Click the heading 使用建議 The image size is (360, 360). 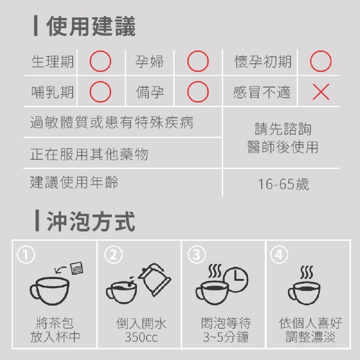coord(91,27)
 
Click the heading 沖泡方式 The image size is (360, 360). coord(91,222)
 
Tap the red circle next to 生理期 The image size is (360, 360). coord(100,62)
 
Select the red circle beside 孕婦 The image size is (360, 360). coord(198,62)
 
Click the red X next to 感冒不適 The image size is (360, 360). coord(320,93)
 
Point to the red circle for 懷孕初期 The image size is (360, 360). coord(320,62)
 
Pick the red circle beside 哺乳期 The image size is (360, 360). coord(100,93)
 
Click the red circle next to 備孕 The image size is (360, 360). coord(198,93)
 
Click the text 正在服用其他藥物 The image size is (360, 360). coord(89,154)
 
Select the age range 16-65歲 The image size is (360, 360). coord(283,184)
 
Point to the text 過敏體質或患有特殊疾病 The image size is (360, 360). coord(112,123)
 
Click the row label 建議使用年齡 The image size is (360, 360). coord(74,183)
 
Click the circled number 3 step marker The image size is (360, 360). coord(196,255)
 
